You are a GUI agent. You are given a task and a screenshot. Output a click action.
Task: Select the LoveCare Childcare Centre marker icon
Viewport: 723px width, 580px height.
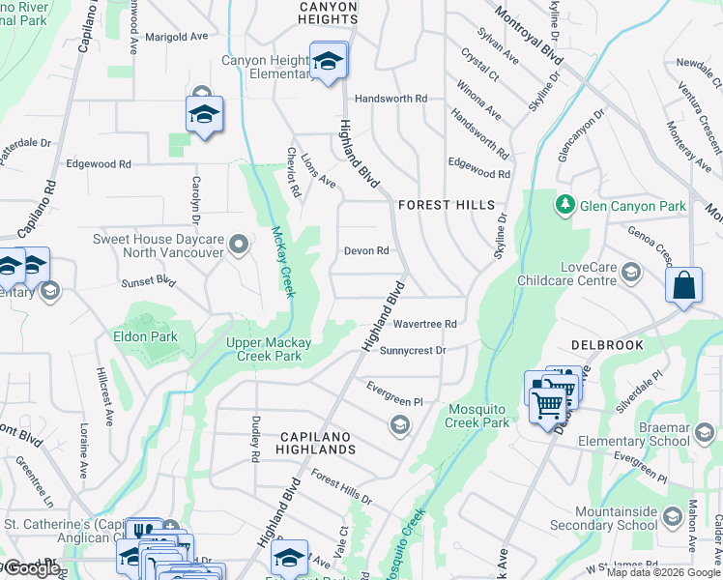(x=631, y=271)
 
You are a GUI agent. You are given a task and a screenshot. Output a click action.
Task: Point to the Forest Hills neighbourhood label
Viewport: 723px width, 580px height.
(x=447, y=206)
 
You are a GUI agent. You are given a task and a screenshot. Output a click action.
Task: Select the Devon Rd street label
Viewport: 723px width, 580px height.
(x=366, y=251)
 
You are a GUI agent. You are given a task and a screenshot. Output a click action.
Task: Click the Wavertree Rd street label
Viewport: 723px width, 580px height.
(x=424, y=324)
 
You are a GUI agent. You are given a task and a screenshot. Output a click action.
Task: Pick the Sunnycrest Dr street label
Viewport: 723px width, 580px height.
(x=413, y=351)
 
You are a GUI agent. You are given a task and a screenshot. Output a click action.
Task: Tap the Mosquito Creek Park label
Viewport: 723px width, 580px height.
(x=478, y=416)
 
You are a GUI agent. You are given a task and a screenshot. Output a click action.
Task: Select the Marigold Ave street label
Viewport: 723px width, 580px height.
(x=176, y=37)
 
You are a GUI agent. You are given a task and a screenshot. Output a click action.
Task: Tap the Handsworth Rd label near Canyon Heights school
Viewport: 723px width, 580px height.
(x=390, y=99)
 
